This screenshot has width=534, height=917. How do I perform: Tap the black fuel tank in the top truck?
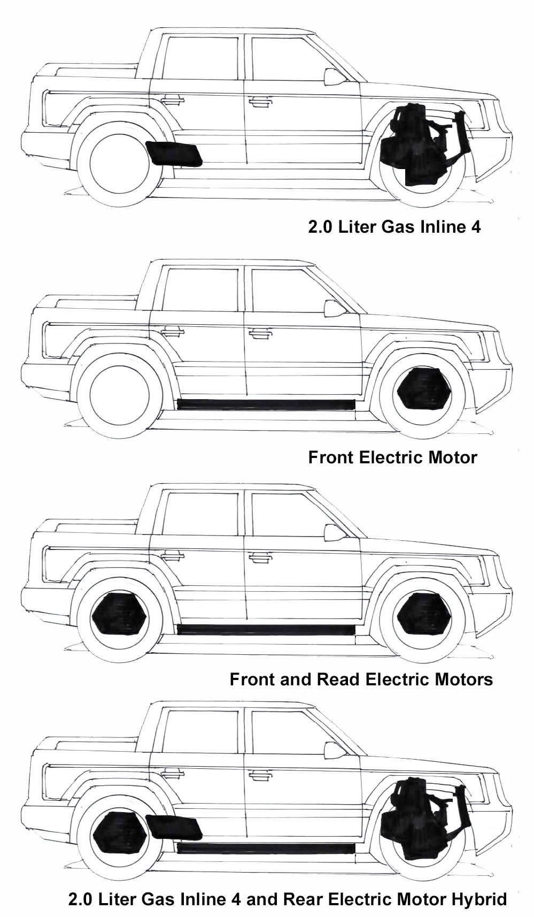(x=174, y=154)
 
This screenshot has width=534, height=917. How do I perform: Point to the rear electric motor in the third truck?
(x=119, y=614)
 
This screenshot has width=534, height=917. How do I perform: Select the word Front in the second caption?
(x=331, y=457)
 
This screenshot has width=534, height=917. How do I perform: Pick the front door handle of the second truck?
(x=259, y=333)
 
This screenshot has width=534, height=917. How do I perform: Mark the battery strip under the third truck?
(x=266, y=629)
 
